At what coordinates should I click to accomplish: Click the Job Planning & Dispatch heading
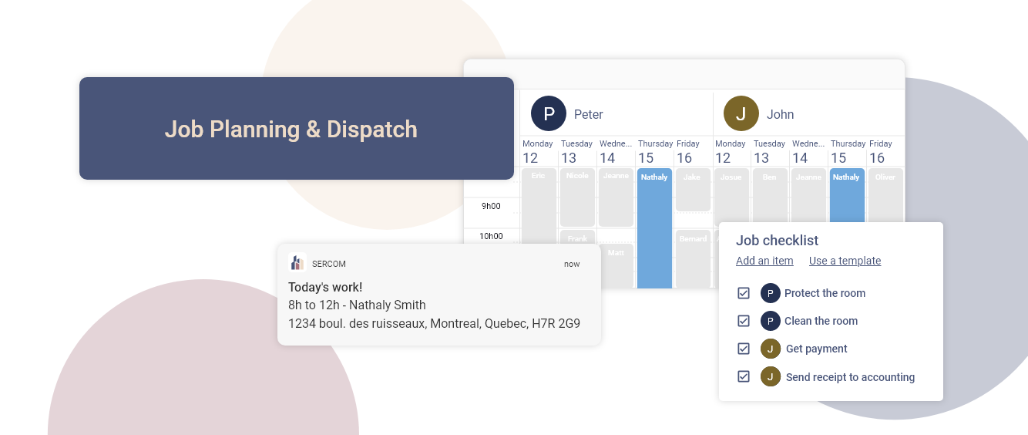point(291,129)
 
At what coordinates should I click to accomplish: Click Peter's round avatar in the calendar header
point(549,114)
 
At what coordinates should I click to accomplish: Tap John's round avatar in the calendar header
point(741,114)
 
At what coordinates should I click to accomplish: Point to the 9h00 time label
point(491,206)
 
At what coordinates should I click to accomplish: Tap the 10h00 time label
point(491,236)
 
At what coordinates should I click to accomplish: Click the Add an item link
point(764,261)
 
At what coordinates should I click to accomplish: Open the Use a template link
point(845,261)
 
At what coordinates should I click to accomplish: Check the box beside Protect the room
point(744,293)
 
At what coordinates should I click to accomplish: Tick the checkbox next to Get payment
point(744,349)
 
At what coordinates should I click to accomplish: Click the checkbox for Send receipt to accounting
point(744,376)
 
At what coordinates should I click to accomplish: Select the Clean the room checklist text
point(821,321)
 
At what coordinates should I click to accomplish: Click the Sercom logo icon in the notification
point(297,263)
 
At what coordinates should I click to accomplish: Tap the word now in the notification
point(572,264)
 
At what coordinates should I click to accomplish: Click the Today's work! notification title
point(325,287)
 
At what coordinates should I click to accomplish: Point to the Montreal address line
point(434,323)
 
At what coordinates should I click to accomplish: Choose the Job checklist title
point(777,241)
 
